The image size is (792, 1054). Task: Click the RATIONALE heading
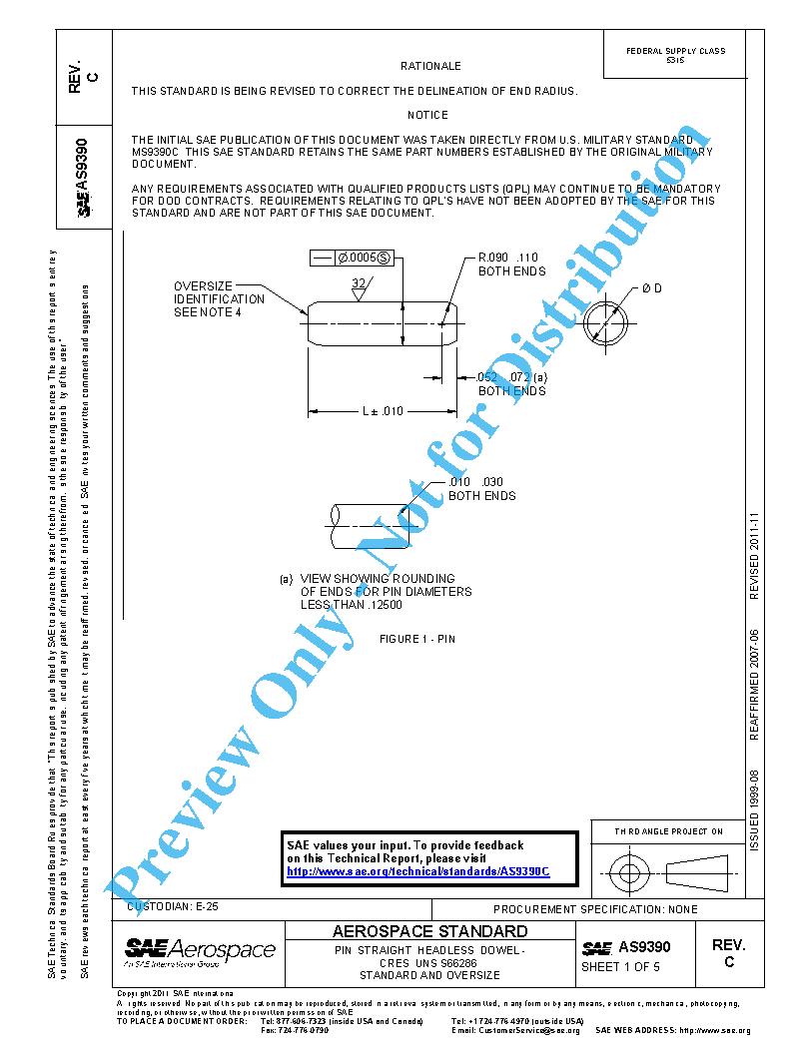[x=430, y=66]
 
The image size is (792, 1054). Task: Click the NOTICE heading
[x=427, y=115]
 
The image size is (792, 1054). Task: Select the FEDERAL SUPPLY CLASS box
[x=675, y=55]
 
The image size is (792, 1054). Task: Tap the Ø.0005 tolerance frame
[x=352, y=258]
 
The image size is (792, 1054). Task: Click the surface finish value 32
[x=358, y=283]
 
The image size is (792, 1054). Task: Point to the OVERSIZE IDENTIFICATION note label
[x=219, y=298]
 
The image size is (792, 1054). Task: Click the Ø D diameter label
[x=651, y=288]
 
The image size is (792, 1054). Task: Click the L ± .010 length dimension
[x=382, y=410]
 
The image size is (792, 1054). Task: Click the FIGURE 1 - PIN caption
[x=417, y=639]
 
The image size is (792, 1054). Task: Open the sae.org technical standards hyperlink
[x=417, y=871]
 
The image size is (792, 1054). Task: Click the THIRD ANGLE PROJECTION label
[x=668, y=830]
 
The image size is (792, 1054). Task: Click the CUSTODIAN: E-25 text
[x=172, y=906]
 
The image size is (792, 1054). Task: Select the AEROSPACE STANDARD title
[x=429, y=931]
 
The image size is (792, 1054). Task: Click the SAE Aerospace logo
[x=200, y=951]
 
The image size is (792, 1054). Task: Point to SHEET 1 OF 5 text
[x=620, y=966]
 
